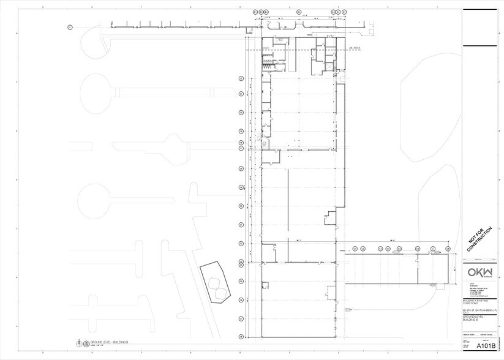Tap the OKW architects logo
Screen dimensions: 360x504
480,272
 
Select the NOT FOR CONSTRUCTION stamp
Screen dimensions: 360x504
480,239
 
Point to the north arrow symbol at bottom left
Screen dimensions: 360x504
79,343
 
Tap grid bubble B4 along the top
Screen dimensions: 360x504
299,12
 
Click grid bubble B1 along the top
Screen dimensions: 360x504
255,12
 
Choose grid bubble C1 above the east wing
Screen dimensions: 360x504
355,249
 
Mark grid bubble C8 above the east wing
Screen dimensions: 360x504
448,249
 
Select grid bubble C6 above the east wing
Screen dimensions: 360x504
418,249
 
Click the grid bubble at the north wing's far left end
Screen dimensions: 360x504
70,27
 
